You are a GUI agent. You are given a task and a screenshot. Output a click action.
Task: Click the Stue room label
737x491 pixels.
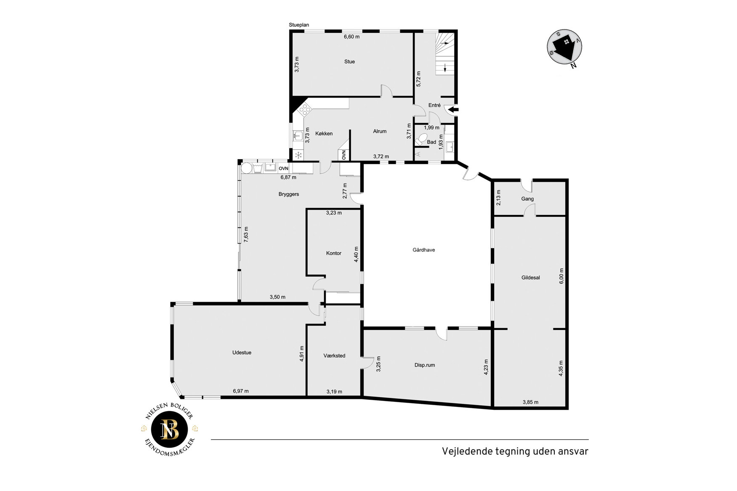click(349, 62)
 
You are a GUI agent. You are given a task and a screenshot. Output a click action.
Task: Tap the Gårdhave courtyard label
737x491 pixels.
click(423, 250)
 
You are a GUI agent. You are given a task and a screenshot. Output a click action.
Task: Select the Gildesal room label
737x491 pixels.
click(530, 278)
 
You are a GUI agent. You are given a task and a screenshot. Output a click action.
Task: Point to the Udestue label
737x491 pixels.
click(242, 353)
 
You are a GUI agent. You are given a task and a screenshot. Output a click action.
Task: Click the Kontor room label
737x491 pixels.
click(333, 253)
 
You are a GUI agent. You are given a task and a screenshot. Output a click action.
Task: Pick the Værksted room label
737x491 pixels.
click(334, 356)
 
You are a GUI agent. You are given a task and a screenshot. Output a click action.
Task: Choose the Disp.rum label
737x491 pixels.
click(425, 365)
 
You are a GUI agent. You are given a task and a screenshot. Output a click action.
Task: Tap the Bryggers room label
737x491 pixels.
click(289, 194)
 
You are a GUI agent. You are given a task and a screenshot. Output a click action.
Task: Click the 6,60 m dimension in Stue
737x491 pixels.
click(352, 37)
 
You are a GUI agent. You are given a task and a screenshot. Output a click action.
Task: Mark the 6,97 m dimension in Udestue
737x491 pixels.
click(241, 391)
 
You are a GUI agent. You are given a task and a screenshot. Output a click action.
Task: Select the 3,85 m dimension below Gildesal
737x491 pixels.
click(530, 402)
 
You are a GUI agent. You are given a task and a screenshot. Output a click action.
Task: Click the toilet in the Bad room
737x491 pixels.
click(421, 138)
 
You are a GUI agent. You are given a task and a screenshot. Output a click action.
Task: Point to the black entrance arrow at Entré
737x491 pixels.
click(452, 110)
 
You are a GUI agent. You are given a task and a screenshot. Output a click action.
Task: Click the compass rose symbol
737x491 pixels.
click(564, 47)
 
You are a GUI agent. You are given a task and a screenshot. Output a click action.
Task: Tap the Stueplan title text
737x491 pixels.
click(299, 25)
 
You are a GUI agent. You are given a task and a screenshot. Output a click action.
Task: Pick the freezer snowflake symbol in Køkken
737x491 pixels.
click(298, 156)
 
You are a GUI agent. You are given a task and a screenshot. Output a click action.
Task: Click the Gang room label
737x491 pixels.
click(527, 199)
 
